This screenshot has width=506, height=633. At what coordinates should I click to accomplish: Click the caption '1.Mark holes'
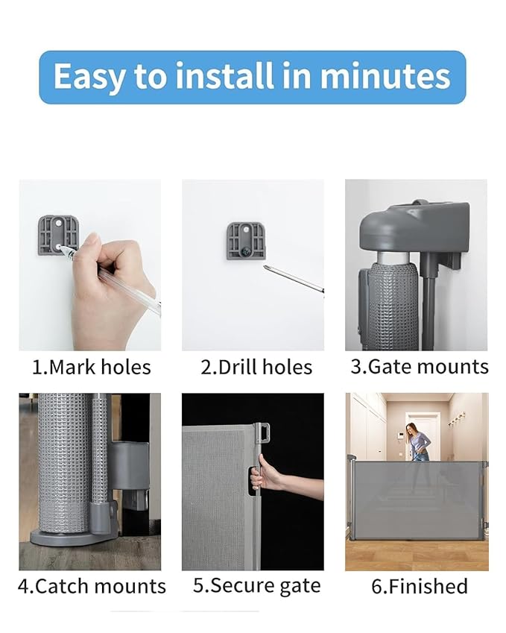(91, 367)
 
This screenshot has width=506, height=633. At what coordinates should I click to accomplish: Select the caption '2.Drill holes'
(256, 367)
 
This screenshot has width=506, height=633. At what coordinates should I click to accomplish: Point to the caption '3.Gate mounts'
(420, 367)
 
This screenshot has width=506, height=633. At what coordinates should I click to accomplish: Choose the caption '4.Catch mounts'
(92, 586)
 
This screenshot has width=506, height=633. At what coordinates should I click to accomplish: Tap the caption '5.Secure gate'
(256, 586)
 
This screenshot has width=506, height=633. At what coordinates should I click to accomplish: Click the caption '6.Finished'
(419, 586)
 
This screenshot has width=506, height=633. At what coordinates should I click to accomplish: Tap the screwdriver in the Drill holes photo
(292, 280)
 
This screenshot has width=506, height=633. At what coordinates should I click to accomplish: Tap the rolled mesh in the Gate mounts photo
(391, 306)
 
